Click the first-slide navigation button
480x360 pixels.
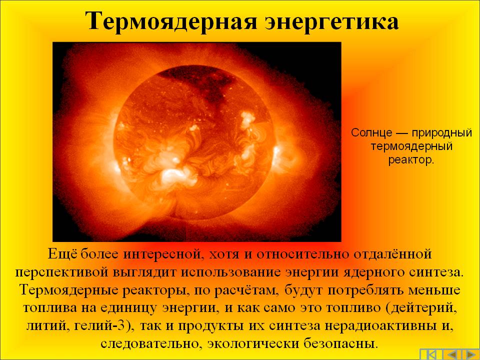tap(429, 354)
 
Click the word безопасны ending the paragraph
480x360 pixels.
tap(341, 343)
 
